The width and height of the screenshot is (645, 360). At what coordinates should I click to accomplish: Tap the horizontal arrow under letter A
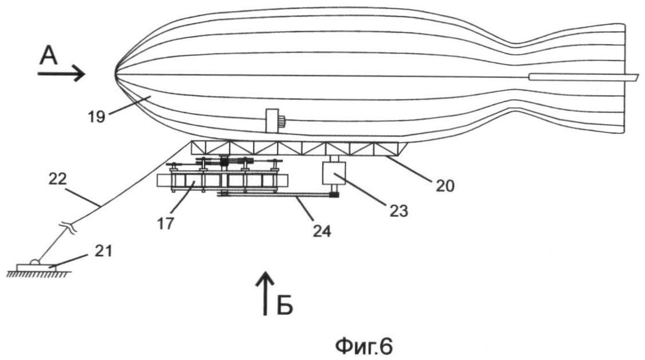click(61, 74)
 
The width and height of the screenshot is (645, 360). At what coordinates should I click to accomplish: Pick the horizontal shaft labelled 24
click(274, 196)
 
